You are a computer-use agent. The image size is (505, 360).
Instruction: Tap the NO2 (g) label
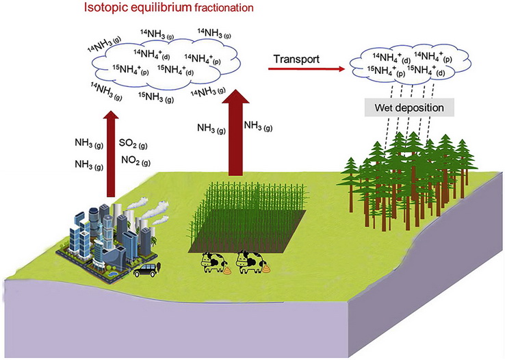(x=135, y=161)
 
